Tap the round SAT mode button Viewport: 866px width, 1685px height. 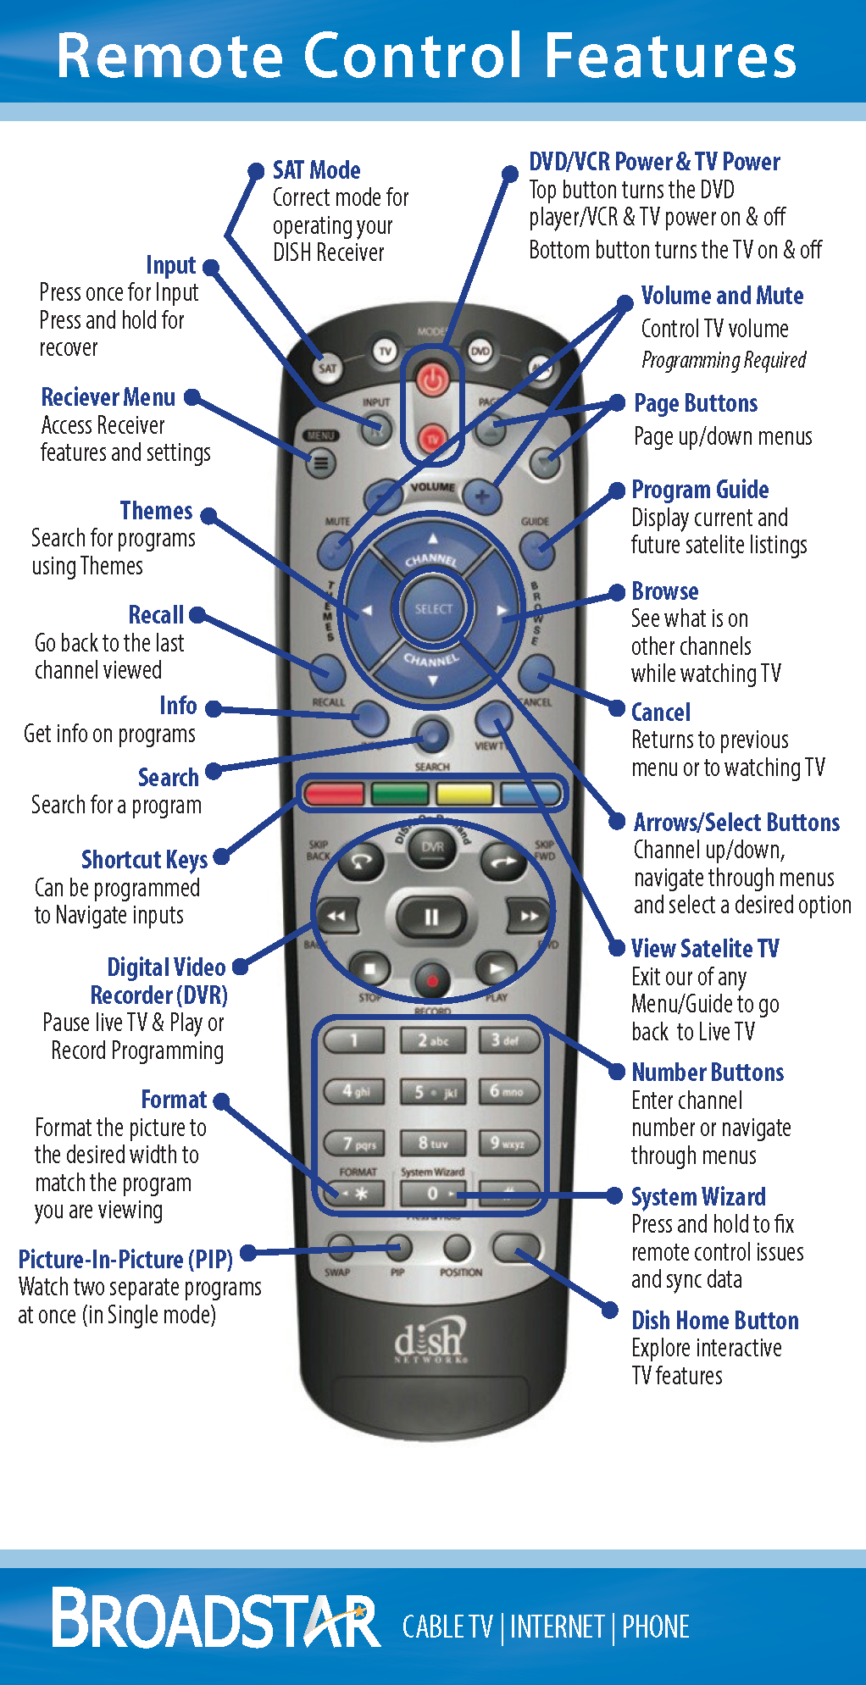pyautogui.click(x=327, y=368)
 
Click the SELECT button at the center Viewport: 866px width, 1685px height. pyautogui.click(x=433, y=608)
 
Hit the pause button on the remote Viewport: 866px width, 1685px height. pyautogui.click(x=431, y=917)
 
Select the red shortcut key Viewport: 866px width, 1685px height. pyautogui.click(x=334, y=794)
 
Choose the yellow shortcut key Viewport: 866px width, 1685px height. pyautogui.click(x=464, y=794)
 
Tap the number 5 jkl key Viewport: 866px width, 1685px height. pyautogui.click(x=433, y=1092)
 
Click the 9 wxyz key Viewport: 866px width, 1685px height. pyautogui.click(x=508, y=1143)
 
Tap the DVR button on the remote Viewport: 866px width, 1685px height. pyautogui.click(x=432, y=847)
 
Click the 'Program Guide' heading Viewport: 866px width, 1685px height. pyautogui.click(x=700, y=490)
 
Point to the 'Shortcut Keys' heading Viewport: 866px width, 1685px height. pyautogui.click(x=144, y=860)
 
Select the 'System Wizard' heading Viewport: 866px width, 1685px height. pyautogui.click(x=698, y=1197)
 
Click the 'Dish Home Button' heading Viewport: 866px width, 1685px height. pyautogui.click(x=715, y=1321)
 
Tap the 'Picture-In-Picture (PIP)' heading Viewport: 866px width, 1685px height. pyautogui.click(x=125, y=1260)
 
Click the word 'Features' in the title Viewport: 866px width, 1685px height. pyautogui.click(x=670, y=56)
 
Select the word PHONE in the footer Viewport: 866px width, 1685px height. pyautogui.click(x=656, y=1627)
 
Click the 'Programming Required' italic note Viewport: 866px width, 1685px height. pyautogui.click(x=724, y=361)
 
